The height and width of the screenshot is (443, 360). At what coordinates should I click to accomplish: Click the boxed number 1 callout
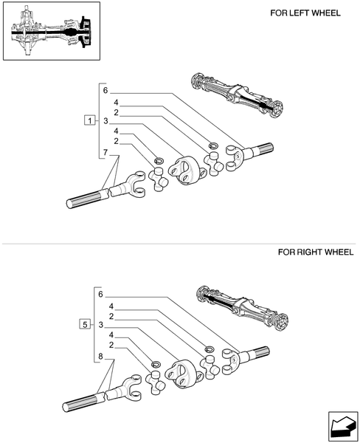click(x=89, y=120)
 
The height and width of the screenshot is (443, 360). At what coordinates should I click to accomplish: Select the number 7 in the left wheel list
click(x=105, y=152)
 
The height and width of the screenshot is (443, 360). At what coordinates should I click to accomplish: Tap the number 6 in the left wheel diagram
click(x=105, y=90)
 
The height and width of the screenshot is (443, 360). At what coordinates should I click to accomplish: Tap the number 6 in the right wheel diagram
click(x=101, y=294)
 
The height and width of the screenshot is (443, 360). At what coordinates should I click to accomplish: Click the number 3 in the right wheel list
click(x=101, y=325)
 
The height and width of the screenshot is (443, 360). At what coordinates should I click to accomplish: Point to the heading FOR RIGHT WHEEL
click(x=315, y=252)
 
